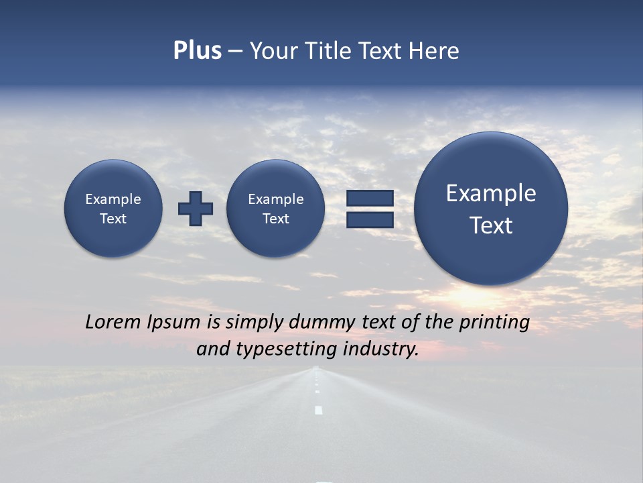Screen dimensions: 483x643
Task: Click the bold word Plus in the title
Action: (x=197, y=51)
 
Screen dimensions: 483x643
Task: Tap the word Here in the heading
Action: (x=433, y=51)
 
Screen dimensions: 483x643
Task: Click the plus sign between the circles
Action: (x=196, y=208)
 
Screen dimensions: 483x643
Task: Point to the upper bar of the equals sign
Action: (x=370, y=198)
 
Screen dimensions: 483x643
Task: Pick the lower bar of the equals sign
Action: (x=370, y=219)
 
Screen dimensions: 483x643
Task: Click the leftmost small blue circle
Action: (x=113, y=208)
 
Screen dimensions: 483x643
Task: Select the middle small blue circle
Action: (x=275, y=208)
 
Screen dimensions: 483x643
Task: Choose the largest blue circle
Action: (x=491, y=208)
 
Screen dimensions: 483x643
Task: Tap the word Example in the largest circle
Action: (x=491, y=193)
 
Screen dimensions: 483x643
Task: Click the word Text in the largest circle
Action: (x=491, y=225)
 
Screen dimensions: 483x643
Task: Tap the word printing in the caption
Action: (x=494, y=323)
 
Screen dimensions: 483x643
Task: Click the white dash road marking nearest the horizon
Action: (x=317, y=371)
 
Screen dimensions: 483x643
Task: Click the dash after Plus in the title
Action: (x=235, y=51)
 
